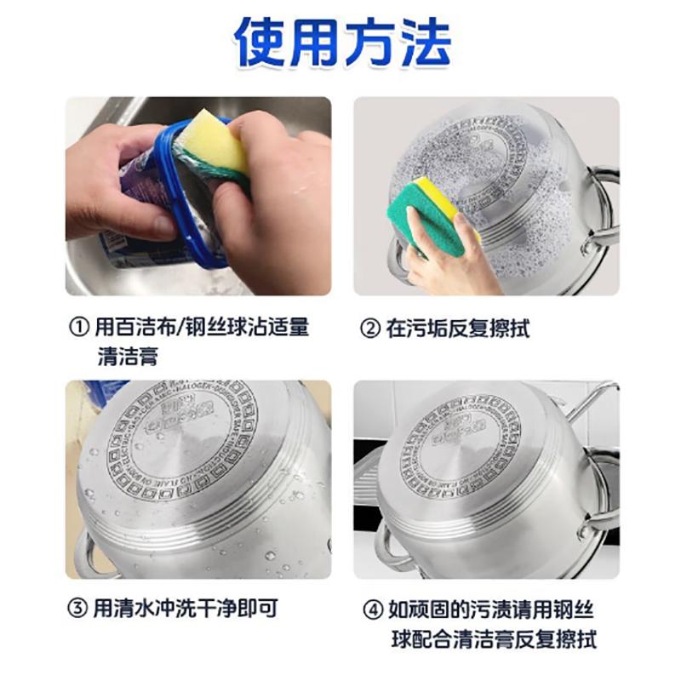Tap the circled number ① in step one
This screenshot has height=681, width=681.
click(x=78, y=327)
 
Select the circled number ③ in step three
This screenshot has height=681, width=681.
click(x=78, y=609)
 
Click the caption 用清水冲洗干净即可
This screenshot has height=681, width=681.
click(x=185, y=609)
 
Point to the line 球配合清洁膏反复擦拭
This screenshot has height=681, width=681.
click(x=493, y=638)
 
